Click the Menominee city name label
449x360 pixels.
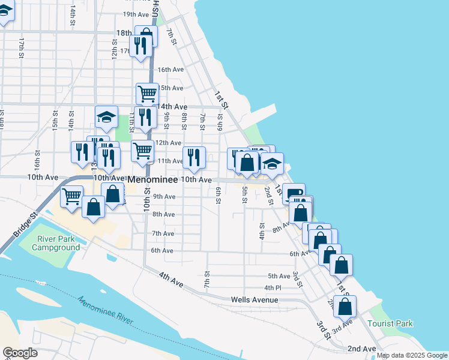152,179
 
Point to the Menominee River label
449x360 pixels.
104,310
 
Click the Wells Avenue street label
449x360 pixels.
255,299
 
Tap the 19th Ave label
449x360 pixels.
136,14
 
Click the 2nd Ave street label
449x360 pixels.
361,349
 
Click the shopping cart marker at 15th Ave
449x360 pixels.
147,94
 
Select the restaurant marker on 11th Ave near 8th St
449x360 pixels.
194,157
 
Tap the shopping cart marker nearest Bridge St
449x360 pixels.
71,196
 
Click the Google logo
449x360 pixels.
20,352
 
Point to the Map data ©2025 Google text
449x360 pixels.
412,355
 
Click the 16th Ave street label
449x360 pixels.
170,70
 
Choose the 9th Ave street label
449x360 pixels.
164,196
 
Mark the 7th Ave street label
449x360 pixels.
163,233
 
